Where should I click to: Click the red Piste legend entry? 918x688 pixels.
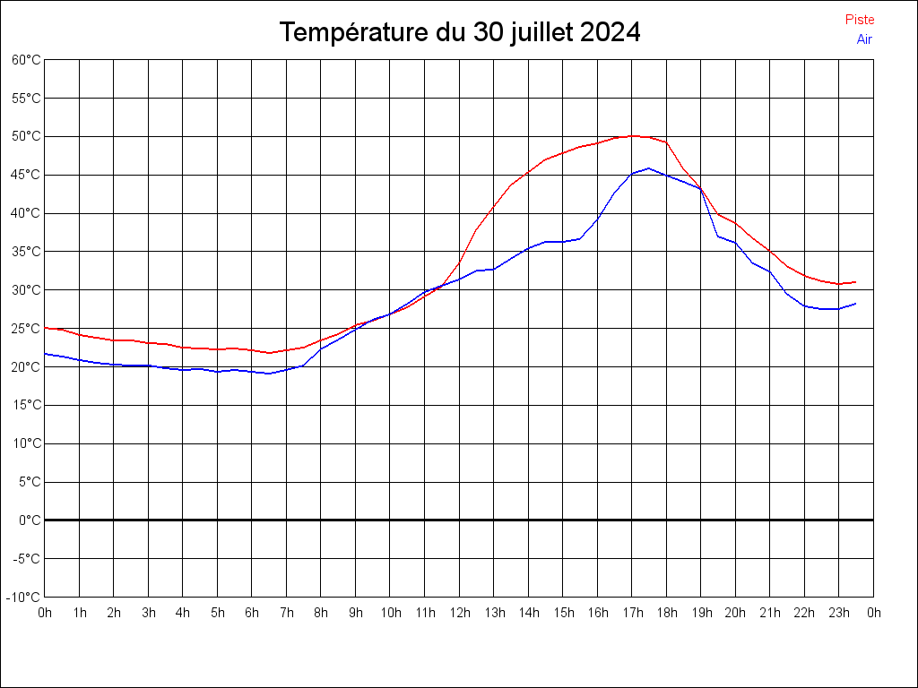[859, 20]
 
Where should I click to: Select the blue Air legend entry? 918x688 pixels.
[864, 39]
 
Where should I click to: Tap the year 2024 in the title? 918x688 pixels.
[609, 33]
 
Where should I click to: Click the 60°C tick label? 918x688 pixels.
[26, 60]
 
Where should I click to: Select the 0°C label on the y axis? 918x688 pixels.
[30, 520]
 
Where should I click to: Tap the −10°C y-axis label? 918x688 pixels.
[24, 597]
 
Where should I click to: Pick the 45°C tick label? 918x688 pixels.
[26, 175]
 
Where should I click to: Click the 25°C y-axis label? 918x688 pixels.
[26, 329]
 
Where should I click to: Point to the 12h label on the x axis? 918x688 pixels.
[459, 613]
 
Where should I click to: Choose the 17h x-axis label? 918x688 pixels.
[632, 613]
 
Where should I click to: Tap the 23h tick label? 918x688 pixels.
[839, 613]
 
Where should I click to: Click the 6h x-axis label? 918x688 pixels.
[252, 613]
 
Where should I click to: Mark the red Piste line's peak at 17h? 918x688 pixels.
[633, 136]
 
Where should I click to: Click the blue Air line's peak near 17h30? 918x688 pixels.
[649, 168]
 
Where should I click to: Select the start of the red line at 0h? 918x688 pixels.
[45, 328]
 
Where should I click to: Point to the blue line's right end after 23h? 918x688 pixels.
[856, 304]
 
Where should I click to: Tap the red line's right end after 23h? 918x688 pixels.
[856, 282]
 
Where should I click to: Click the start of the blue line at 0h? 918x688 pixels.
[45, 354]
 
